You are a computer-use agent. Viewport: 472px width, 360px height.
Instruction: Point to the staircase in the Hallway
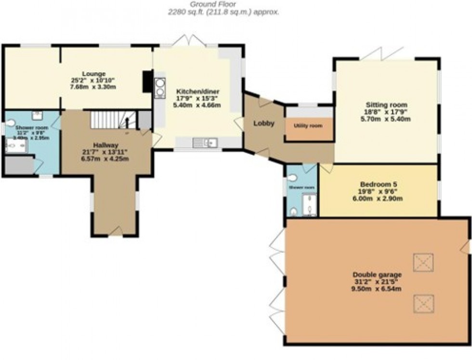coord(113,119)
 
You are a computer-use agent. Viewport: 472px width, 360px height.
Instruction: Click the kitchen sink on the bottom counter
coord(205,142)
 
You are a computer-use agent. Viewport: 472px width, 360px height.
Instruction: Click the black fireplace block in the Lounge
coord(147,81)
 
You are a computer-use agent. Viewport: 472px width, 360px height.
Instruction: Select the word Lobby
coord(264,123)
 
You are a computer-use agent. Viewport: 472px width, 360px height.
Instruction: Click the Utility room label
coord(308,126)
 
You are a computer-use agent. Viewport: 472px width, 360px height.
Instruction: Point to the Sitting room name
coord(386,104)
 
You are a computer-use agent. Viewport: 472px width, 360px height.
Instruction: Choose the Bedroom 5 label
coord(379,184)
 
